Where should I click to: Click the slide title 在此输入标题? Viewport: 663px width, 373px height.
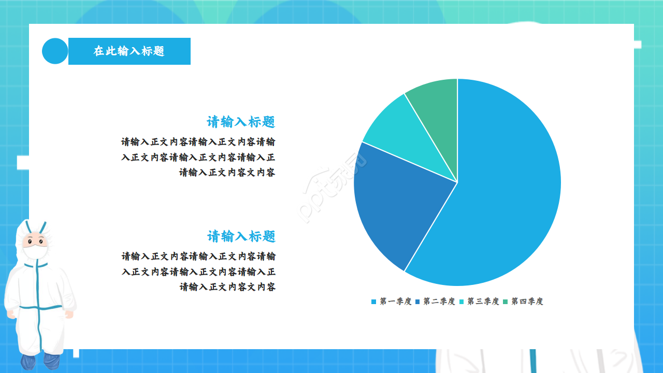(129, 51)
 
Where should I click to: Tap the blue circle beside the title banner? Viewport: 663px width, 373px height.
(55, 51)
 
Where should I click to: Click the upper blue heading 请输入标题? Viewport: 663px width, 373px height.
(241, 122)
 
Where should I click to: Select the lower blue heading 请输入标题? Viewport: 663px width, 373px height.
(241, 237)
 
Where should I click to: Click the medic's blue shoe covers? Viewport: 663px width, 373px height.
(39, 361)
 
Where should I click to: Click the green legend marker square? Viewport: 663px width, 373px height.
(506, 302)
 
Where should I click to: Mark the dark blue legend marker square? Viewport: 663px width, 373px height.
(417, 302)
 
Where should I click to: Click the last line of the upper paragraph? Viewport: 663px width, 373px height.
(227, 173)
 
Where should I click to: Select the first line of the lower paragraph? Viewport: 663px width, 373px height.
(198, 256)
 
